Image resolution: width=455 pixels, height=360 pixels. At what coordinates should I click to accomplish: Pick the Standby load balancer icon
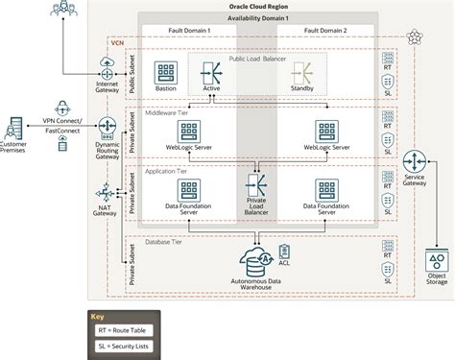[x=302, y=73]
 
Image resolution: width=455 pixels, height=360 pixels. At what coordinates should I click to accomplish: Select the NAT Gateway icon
[x=106, y=192]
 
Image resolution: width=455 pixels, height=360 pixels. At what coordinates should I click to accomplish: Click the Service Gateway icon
[x=416, y=161]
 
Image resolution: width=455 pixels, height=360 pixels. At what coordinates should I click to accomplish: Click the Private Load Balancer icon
[x=257, y=183]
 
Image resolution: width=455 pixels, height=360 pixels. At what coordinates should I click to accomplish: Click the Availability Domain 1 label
[x=254, y=20]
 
